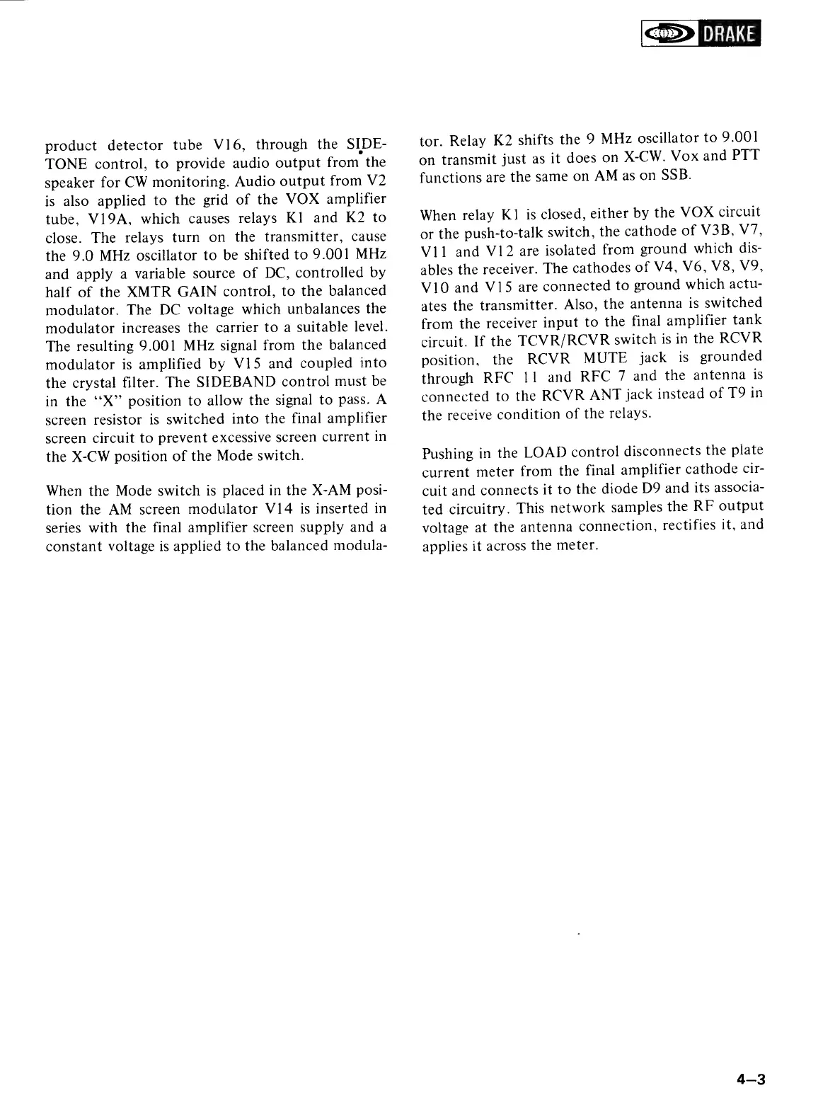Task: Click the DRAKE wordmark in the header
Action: pos(727,34)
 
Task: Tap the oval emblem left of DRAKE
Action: pos(669,34)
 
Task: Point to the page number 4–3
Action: pos(751,1080)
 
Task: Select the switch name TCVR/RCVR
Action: pos(559,340)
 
